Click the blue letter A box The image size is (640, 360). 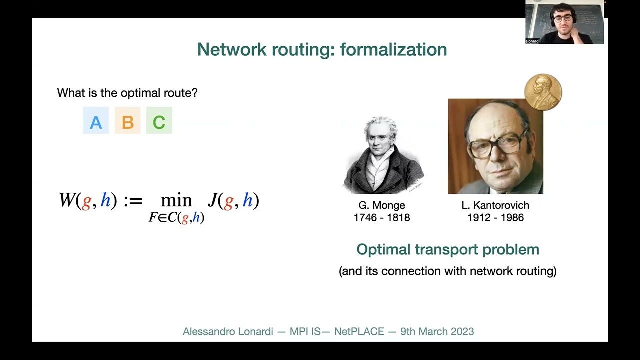click(x=96, y=121)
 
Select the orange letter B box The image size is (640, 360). click(x=127, y=121)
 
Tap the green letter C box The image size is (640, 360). click(x=159, y=121)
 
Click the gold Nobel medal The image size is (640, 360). click(x=543, y=92)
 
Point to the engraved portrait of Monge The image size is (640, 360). click(x=383, y=155)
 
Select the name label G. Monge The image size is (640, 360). click(x=382, y=205)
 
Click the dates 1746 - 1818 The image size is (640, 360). click(x=382, y=218)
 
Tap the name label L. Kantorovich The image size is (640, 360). click(x=495, y=205)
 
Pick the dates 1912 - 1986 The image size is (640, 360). click(x=495, y=218)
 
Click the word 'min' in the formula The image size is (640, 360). click(x=176, y=201)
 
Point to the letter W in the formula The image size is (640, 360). click(x=67, y=200)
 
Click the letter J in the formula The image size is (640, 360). click(x=212, y=200)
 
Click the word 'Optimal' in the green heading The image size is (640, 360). click(x=382, y=249)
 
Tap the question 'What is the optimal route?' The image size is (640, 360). click(x=127, y=93)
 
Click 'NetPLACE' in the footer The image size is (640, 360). click(x=359, y=331)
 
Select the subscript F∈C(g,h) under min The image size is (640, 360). click(x=176, y=218)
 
